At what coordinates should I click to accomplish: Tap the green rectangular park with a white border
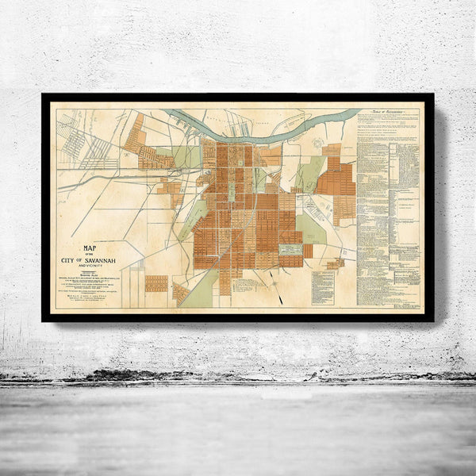(x=291, y=249)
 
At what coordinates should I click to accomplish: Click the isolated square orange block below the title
(x=156, y=283)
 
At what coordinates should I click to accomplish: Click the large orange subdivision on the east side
(x=336, y=179)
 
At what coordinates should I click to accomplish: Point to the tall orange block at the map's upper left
(x=136, y=131)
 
